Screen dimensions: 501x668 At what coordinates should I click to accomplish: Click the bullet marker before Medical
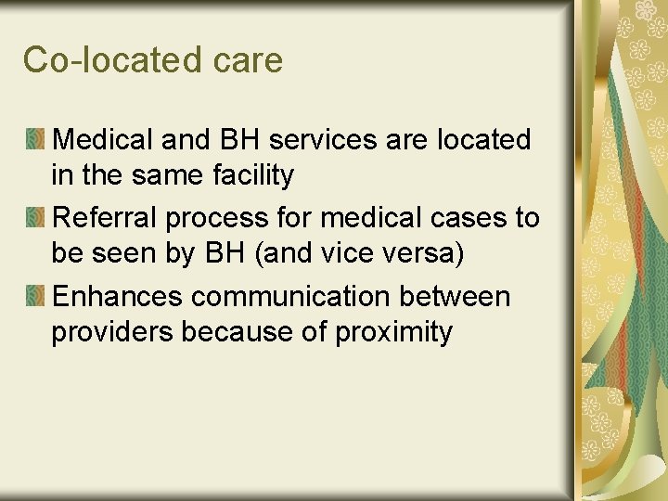click(x=35, y=140)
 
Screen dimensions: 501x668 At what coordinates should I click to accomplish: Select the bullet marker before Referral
click(x=35, y=218)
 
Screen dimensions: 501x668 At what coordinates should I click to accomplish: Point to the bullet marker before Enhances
click(x=35, y=297)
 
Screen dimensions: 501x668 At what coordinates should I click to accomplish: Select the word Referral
click(x=105, y=219)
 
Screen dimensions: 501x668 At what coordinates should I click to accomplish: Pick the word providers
click(x=112, y=332)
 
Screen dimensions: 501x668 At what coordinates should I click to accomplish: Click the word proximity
click(x=394, y=333)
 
